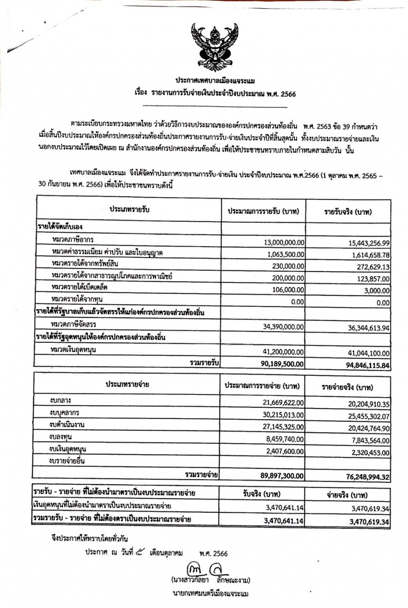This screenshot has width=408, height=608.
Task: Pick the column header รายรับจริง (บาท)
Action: (348, 212)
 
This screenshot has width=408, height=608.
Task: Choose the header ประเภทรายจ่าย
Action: (127, 385)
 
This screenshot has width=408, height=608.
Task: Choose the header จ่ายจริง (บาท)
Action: (347, 495)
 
